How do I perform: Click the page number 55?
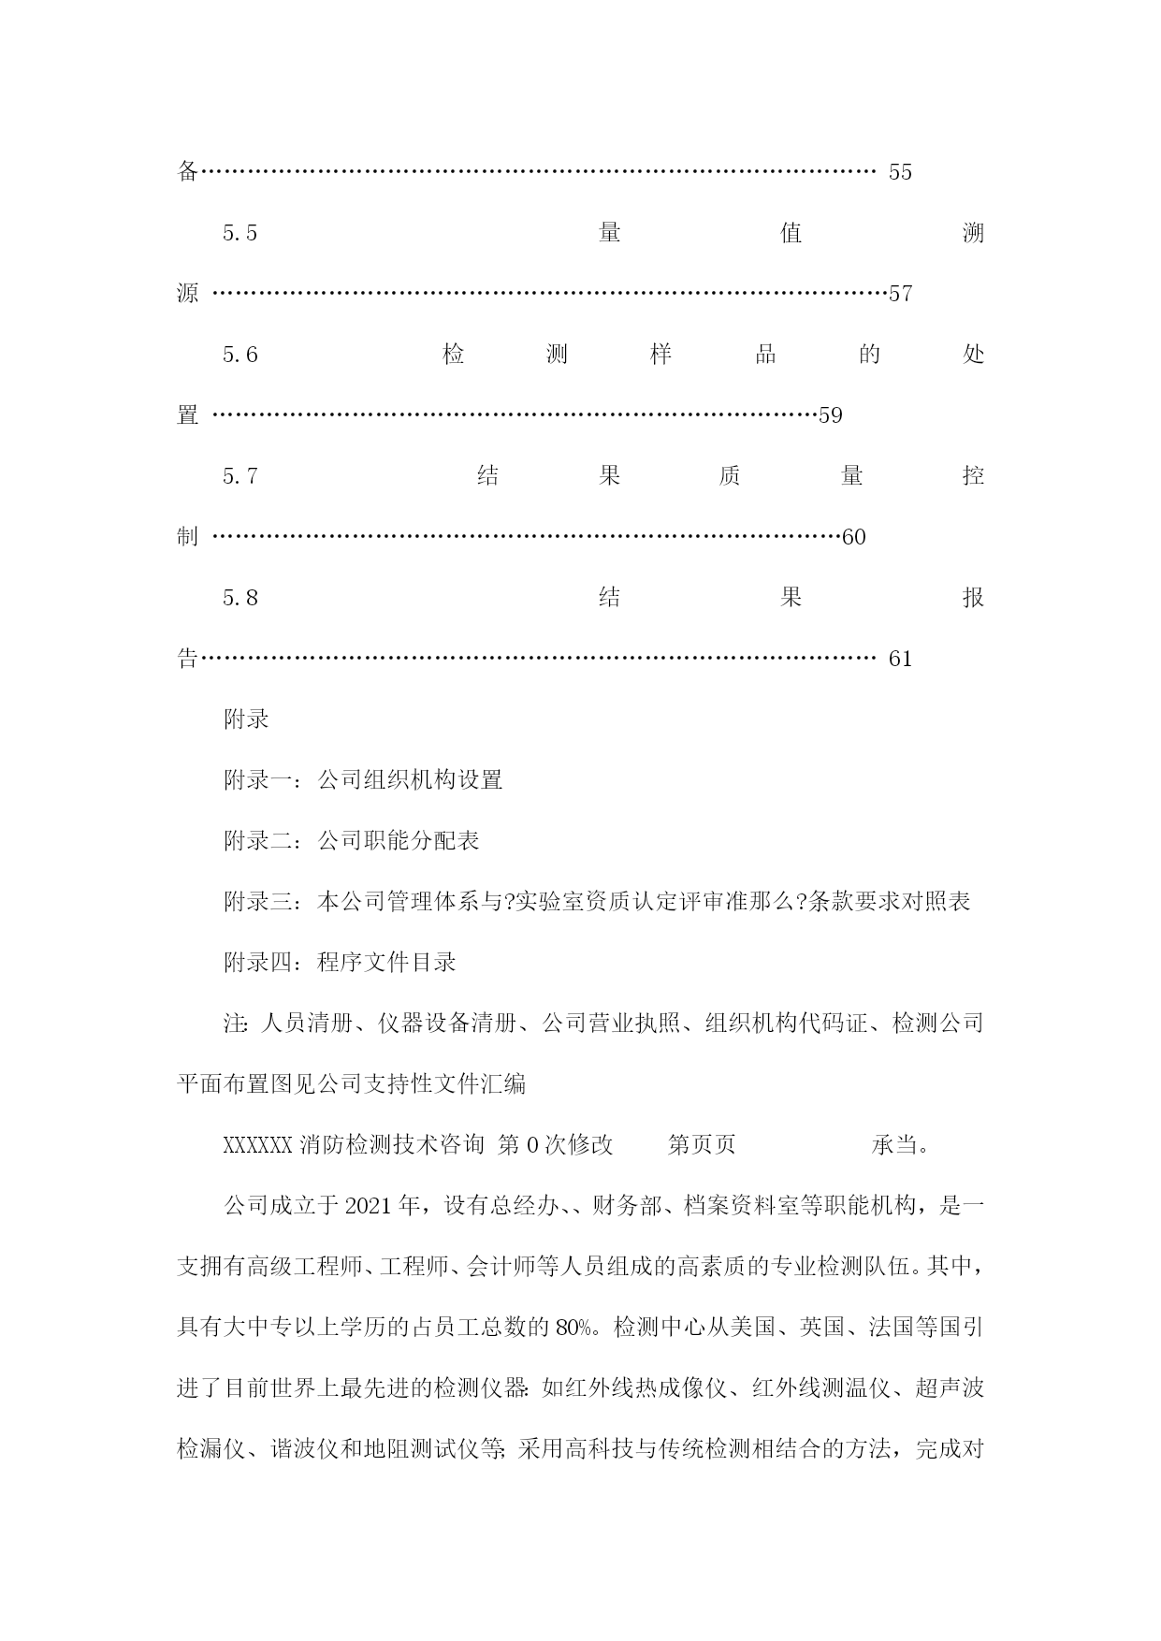[x=900, y=172]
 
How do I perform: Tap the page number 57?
[x=900, y=294]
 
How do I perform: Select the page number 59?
[x=831, y=415]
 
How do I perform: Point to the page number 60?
[x=854, y=537]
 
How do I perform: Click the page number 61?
[x=900, y=659]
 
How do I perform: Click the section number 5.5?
[x=240, y=233]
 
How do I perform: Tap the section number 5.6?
[x=240, y=355]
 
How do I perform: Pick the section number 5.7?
[x=240, y=476]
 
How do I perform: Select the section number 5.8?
[x=240, y=598]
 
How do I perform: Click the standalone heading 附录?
[x=247, y=719]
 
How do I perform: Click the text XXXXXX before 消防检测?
[x=259, y=1145]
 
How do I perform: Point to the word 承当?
[x=894, y=1145]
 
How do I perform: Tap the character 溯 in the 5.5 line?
[x=974, y=233]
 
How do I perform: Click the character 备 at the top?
[x=188, y=172]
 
